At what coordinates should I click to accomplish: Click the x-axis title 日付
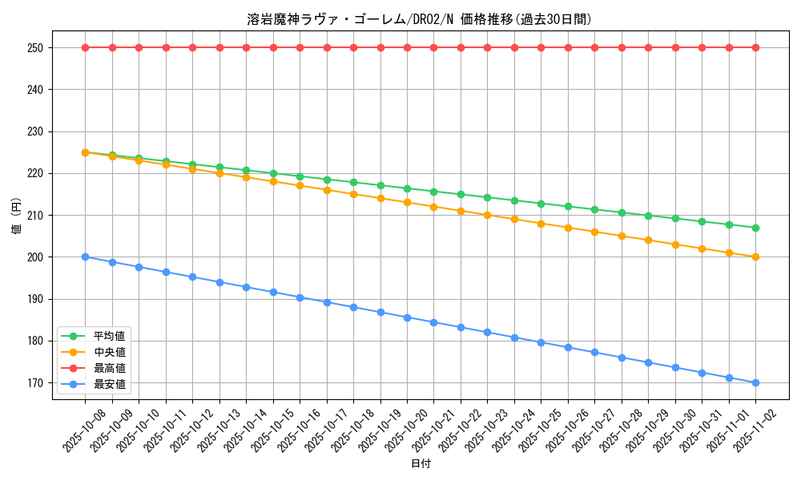(421, 464)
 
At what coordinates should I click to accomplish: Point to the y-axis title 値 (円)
(17, 216)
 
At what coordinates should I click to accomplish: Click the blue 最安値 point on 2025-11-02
(755, 382)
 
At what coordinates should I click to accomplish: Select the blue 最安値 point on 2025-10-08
(85, 257)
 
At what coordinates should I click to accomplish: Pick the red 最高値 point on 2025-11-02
(755, 47)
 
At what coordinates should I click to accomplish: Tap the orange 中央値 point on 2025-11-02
(755, 257)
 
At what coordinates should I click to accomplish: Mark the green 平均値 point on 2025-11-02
(755, 228)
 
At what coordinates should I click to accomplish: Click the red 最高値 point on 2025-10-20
(407, 47)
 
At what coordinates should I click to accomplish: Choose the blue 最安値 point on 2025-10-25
(541, 342)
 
